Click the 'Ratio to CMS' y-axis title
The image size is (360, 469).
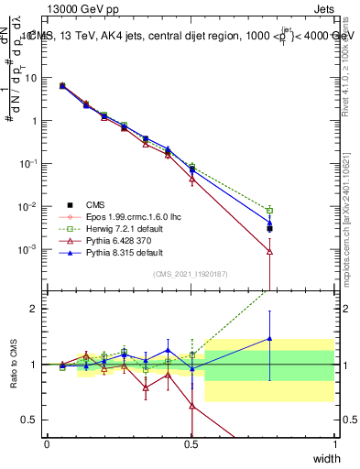[16, 365]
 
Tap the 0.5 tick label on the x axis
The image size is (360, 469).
[191, 443]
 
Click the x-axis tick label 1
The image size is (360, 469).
[334, 443]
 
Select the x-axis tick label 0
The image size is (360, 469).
[48, 443]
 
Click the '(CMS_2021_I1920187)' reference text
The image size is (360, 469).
[191, 274]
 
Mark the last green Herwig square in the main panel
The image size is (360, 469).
[269, 211]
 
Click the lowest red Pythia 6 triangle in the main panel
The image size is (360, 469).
[269, 251]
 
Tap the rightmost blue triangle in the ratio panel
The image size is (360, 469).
[269, 339]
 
